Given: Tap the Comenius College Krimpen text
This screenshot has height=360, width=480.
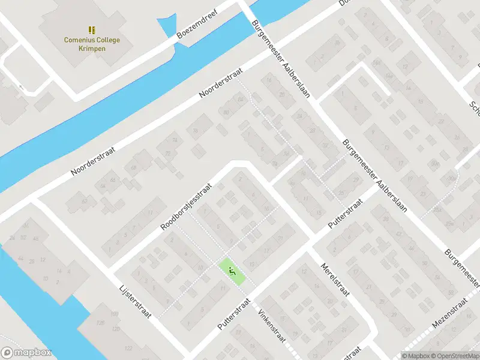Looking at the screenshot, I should (x=92, y=44).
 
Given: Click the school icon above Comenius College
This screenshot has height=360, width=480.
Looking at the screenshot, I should (x=92, y=29).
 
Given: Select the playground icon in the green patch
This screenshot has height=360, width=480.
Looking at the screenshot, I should (x=231, y=269).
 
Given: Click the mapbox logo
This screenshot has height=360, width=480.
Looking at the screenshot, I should (x=26, y=352).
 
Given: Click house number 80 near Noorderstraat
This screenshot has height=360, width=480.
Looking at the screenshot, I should (x=226, y=112).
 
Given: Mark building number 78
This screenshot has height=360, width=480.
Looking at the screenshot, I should (x=195, y=132).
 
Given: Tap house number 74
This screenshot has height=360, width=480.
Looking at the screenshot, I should (x=176, y=140).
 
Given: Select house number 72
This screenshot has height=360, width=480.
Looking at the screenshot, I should (x=169, y=153).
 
